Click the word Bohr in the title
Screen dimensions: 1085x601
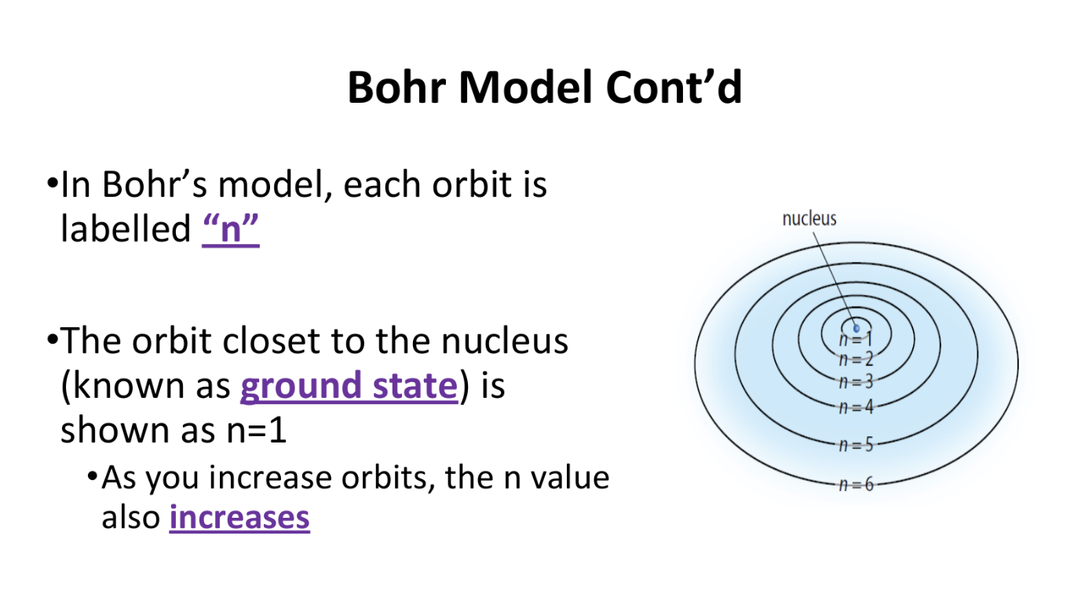(x=396, y=87)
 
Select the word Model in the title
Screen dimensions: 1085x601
(x=525, y=87)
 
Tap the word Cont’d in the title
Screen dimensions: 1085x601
(x=674, y=87)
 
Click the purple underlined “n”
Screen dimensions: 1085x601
(x=231, y=228)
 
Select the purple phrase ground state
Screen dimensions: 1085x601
(x=349, y=386)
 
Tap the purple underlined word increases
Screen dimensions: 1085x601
(x=239, y=517)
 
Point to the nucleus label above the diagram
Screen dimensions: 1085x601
(x=809, y=219)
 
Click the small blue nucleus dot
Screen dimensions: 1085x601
(x=856, y=329)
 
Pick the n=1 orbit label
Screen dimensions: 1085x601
(x=856, y=339)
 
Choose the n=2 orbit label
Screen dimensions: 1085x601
(x=856, y=359)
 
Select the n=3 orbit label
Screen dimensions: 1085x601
(x=856, y=382)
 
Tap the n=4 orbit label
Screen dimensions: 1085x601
(x=856, y=407)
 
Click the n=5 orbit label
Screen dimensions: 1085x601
(x=856, y=444)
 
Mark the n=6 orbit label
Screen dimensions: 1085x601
(x=856, y=484)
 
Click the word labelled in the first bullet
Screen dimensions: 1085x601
(x=126, y=228)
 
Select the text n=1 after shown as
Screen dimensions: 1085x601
(x=257, y=430)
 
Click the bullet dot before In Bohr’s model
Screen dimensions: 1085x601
(x=53, y=184)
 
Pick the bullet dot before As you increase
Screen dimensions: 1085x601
(x=92, y=476)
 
